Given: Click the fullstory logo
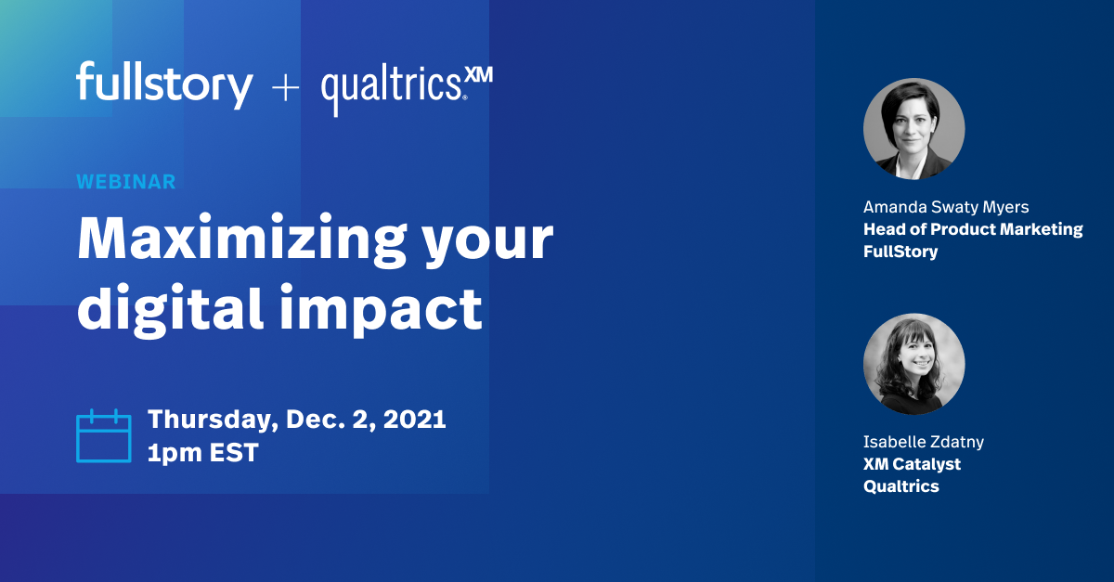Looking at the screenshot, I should click(x=164, y=85).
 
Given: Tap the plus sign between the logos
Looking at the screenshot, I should click(x=285, y=88).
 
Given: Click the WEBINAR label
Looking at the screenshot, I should click(x=125, y=182).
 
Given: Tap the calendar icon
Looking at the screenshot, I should click(x=103, y=435).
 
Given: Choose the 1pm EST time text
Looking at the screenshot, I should click(x=202, y=454).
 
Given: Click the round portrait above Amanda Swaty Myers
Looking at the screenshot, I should click(x=913, y=129).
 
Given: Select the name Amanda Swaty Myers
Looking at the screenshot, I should click(x=946, y=207).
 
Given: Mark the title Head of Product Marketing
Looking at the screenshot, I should click(x=973, y=229).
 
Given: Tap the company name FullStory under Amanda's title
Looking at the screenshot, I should click(x=900, y=252).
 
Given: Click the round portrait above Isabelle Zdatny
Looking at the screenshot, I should click(x=913, y=364).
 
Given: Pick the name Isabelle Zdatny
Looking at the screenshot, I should click(x=924, y=442).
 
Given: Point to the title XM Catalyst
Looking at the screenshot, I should click(x=912, y=464).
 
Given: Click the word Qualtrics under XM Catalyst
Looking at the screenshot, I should click(x=901, y=486).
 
